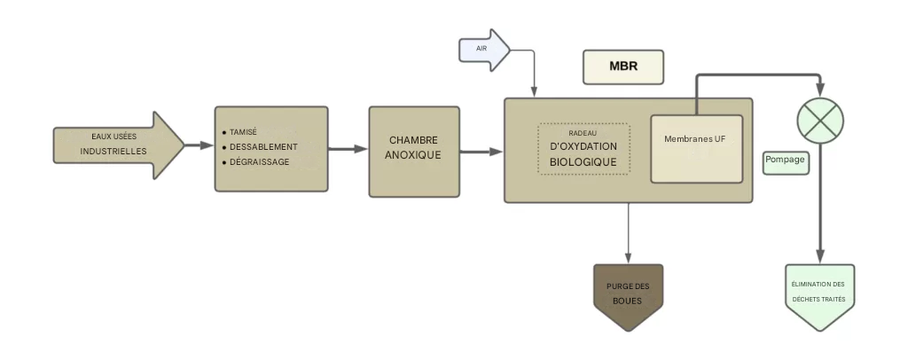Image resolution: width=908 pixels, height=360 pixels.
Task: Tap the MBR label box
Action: [622, 67]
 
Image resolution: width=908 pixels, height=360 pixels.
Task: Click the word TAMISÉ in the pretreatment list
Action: [243, 131]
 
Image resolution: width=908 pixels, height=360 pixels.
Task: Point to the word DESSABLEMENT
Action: [263, 146]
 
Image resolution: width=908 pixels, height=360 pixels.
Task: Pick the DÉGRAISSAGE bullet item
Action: [259, 161]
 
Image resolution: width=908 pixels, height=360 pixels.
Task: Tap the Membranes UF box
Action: [696, 148]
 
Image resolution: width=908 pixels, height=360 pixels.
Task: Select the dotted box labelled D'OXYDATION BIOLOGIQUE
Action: [583, 149]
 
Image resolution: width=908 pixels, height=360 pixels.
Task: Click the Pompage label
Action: [786, 162]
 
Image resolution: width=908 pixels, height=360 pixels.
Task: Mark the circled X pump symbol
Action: [819, 119]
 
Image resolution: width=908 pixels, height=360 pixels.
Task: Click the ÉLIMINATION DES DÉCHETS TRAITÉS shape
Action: [819, 295]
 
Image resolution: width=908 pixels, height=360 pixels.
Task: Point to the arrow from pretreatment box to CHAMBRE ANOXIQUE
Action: [348, 149]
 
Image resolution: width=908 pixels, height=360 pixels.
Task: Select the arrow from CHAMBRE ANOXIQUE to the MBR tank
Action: [481, 152]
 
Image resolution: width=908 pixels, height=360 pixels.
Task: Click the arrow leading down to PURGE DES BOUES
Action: [628, 232]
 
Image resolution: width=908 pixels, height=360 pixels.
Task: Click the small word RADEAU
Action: [583, 132]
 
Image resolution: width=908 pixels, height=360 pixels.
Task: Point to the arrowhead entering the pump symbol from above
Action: [819, 91]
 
